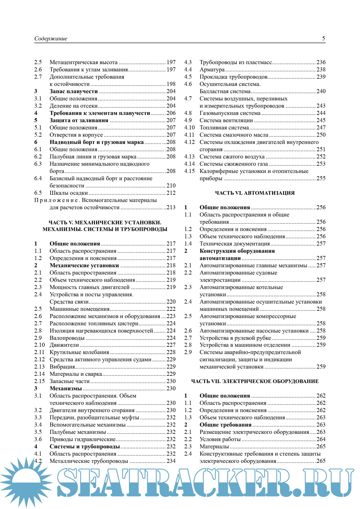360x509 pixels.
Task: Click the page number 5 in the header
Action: [x=323, y=38]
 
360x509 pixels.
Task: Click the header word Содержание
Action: [x=51, y=39]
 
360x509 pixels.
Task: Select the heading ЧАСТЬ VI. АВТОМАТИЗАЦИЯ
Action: [x=255, y=193]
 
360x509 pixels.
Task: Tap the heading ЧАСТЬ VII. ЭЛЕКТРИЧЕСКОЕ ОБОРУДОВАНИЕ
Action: [x=255, y=381]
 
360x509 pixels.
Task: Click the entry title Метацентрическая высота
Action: [x=84, y=62]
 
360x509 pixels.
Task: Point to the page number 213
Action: [x=171, y=207]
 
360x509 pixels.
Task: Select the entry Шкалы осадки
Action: [x=69, y=193]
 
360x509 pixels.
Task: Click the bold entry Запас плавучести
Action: [x=74, y=91]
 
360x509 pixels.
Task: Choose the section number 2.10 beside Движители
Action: [x=39, y=345]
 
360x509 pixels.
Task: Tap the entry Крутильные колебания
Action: [x=79, y=352]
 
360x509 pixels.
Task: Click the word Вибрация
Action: [x=62, y=367]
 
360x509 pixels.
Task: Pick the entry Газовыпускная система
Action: [x=230, y=113]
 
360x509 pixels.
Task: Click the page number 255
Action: [x=321, y=178]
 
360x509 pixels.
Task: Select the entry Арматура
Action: [x=212, y=70]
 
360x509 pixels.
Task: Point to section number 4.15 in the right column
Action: [x=189, y=171]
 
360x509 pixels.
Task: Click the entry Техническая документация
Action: [x=235, y=244]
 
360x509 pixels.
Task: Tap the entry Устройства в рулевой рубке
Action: [x=235, y=338]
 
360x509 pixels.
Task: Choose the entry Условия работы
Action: [x=220, y=439]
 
